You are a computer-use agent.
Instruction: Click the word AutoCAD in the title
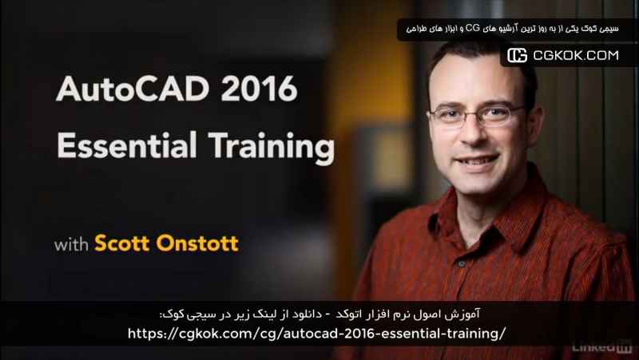click(133, 89)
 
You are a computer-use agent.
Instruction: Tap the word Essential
click(127, 145)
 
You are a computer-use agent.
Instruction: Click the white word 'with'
click(71, 244)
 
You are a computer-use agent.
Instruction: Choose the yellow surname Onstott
click(197, 243)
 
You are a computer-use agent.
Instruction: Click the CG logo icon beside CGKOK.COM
click(517, 55)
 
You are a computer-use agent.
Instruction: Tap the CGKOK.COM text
click(576, 55)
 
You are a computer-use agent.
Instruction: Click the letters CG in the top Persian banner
click(473, 28)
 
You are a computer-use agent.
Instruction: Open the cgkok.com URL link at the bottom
click(316, 334)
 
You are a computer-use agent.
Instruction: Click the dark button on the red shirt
click(462, 264)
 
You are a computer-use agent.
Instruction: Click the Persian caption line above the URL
click(319, 315)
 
